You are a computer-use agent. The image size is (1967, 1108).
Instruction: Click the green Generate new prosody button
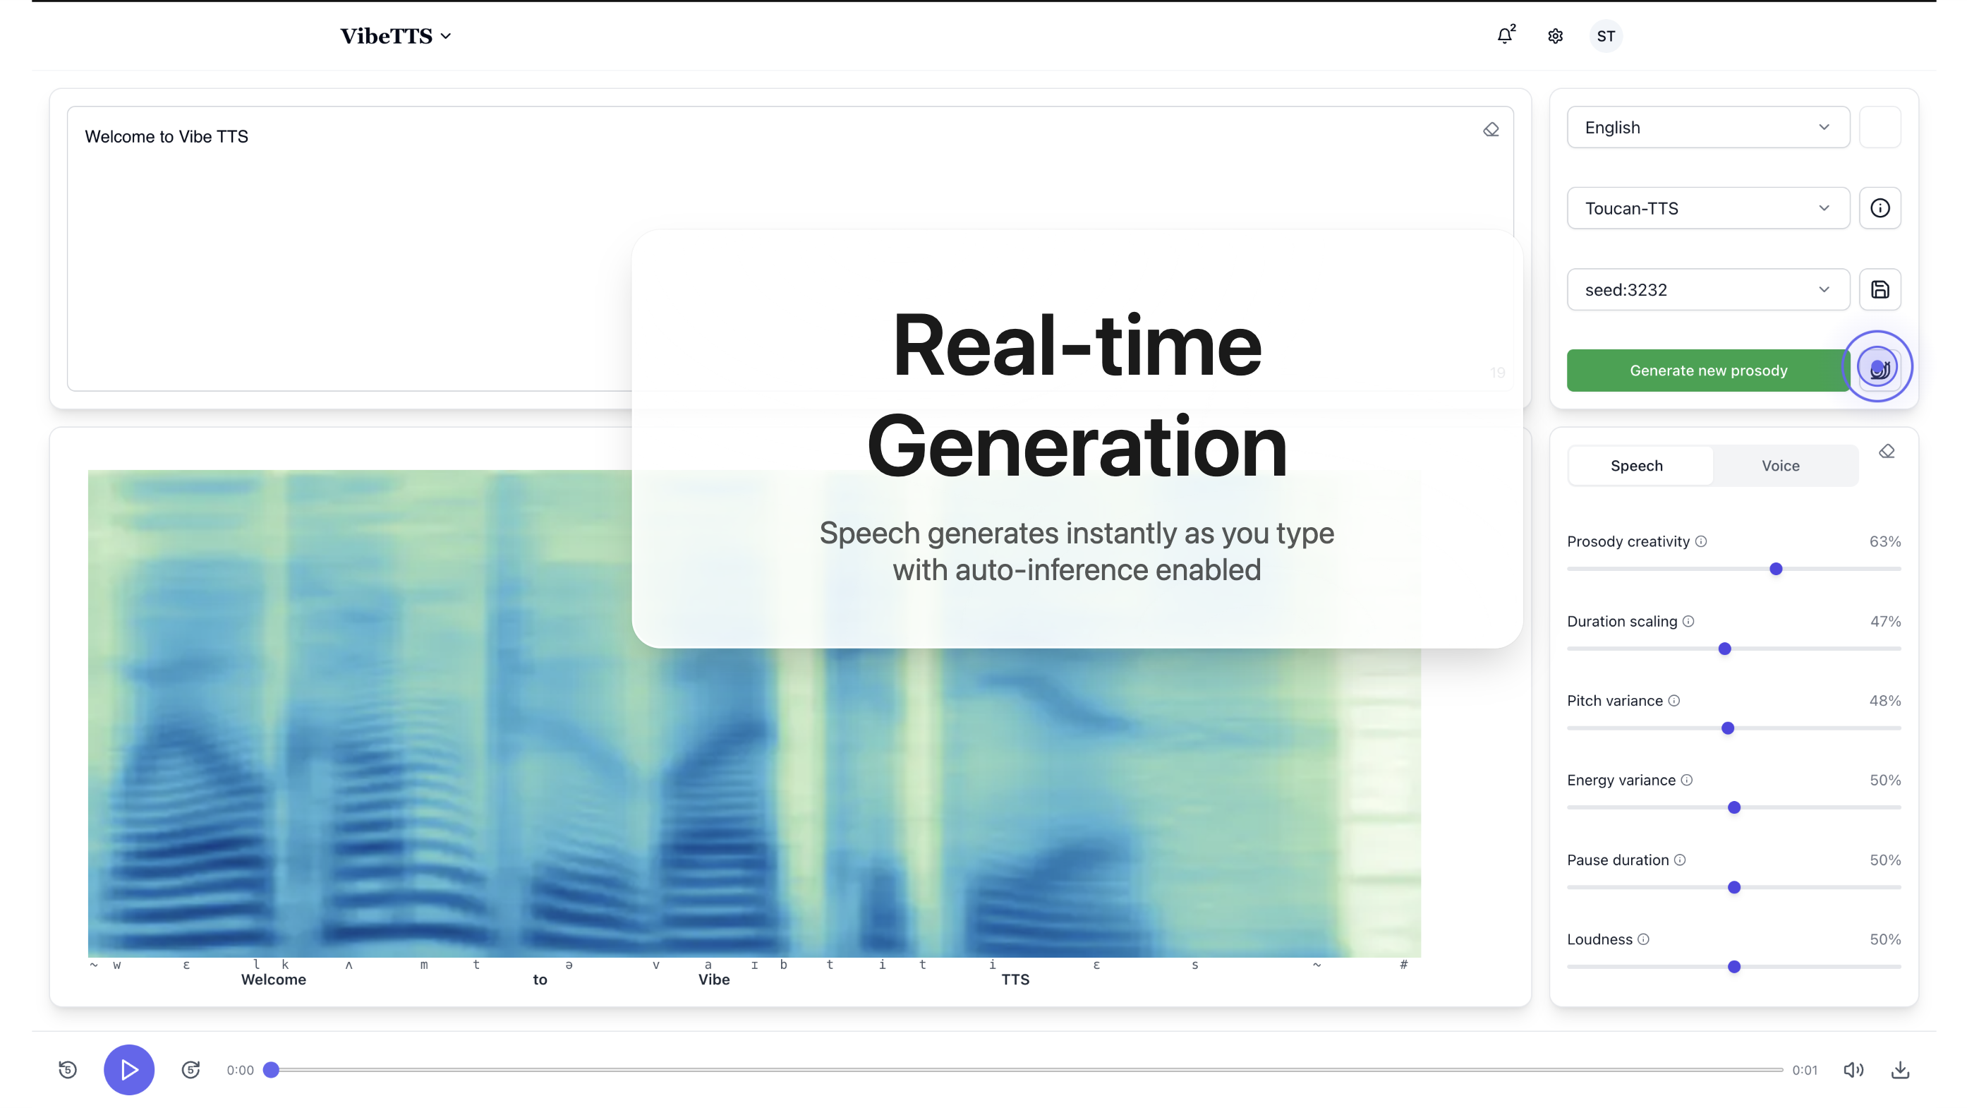1708,371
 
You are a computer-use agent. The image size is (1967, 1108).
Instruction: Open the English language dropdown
1708,128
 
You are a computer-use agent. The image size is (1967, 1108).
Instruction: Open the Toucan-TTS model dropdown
1708,208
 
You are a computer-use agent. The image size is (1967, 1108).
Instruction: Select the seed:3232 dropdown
1708,289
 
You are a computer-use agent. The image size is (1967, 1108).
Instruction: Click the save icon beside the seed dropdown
1880,289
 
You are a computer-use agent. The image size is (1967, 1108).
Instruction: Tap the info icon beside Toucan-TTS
1880,208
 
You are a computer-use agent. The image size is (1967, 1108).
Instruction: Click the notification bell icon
1505,35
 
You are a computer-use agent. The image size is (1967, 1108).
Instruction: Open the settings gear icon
1556,36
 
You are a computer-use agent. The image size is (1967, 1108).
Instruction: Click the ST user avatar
1606,36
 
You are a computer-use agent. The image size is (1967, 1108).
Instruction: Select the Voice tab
1781,466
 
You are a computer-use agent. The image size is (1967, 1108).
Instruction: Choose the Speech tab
1636,466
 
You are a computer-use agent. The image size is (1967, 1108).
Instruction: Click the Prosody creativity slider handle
1776,569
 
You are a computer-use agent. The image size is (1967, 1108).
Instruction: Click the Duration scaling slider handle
1725,649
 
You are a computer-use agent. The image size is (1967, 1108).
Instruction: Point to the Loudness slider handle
1734,967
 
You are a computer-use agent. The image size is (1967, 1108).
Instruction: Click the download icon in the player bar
1901,1070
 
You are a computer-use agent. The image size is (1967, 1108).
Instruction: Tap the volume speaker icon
1853,1070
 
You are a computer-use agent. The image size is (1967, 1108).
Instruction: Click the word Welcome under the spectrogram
273,980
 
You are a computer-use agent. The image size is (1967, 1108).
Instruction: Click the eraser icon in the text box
1491,130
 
